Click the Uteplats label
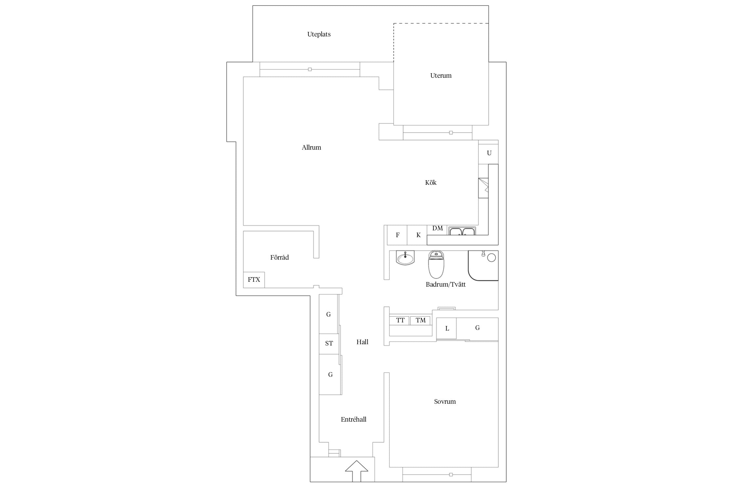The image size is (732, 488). tap(319, 34)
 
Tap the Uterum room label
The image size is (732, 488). tap(441, 75)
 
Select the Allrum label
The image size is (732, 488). tap(311, 147)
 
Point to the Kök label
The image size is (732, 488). tap(431, 183)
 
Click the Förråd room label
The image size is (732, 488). tap(279, 257)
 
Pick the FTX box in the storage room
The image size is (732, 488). tap(254, 280)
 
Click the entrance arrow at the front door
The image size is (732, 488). tap(357, 471)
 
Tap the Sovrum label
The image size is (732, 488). tap(445, 401)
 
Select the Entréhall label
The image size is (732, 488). tap(354, 419)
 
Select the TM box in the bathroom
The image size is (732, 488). tap(420, 320)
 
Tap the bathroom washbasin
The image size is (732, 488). tap(405, 258)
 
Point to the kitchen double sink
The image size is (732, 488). tap(462, 231)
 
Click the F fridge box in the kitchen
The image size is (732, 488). tap(397, 235)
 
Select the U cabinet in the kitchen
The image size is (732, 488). tap(488, 153)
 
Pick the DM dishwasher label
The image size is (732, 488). tap(438, 228)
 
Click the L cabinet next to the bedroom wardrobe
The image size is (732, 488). tap(447, 328)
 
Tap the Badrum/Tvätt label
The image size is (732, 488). tap(446, 284)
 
